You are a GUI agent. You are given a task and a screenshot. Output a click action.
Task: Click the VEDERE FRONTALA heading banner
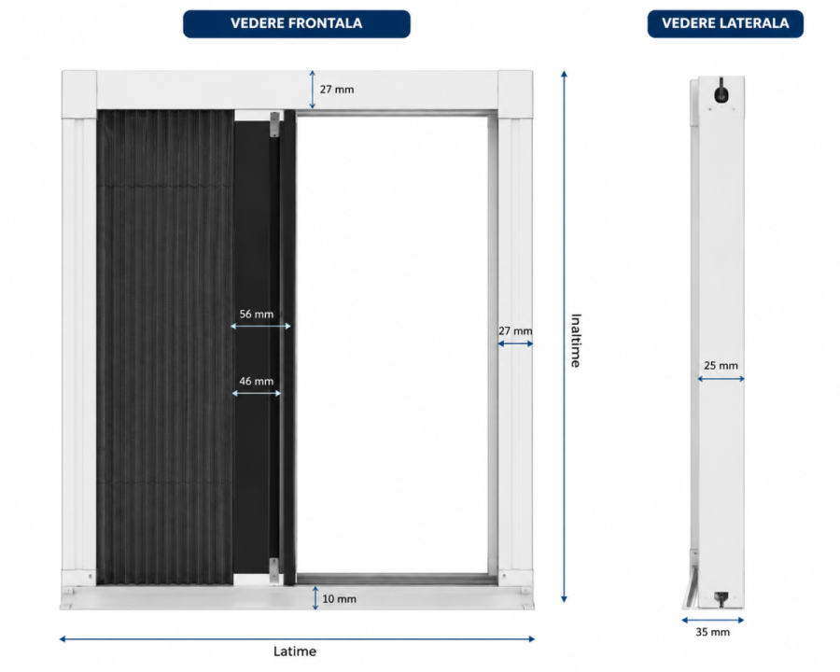coord(296,23)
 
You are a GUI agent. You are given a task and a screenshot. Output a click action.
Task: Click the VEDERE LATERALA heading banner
coord(725,23)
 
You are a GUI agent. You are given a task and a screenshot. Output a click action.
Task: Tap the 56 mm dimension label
coord(256,314)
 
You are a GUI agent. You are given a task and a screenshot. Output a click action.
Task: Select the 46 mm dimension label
coord(256,381)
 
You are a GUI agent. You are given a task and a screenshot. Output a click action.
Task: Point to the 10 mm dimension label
coord(339,599)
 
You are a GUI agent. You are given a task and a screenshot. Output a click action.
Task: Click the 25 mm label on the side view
coord(721,366)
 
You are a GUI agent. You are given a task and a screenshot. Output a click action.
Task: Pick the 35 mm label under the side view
coord(712,633)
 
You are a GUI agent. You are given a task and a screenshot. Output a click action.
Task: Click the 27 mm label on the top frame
coord(337,90)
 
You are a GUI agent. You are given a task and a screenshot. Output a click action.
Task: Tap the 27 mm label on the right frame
coord(515,331)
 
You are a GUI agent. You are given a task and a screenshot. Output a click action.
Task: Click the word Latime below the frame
coord(295,651)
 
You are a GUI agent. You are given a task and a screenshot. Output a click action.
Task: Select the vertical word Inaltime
coord(576,341)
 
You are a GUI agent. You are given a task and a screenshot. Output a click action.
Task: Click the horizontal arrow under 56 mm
coord(260,326)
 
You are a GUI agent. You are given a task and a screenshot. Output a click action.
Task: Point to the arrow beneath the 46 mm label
coord(257,393)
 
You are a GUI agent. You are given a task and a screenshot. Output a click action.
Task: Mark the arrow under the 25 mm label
coord(721,379)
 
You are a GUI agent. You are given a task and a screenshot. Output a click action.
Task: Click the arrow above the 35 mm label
coord(712,621)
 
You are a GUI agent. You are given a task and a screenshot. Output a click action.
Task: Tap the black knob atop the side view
coord(721,92)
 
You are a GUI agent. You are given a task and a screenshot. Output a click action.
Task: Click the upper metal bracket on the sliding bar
coord(274,124)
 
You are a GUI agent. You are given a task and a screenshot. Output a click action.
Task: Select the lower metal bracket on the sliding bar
coord(273,569)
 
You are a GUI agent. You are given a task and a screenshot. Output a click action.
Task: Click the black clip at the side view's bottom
coord(721,598)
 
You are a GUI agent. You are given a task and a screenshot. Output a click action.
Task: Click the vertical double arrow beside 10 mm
coord(315,598)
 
